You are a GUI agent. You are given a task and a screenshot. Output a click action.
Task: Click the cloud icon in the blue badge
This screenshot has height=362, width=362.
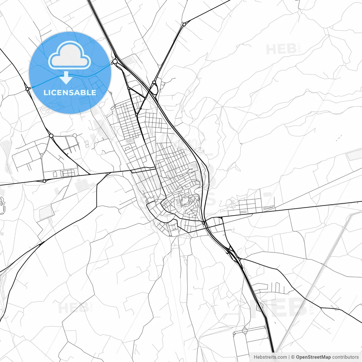[70, 55]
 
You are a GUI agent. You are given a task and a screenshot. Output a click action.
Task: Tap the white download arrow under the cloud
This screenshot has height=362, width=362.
[66, 78]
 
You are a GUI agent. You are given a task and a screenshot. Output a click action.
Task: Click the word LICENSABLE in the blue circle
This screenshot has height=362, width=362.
[70, 92]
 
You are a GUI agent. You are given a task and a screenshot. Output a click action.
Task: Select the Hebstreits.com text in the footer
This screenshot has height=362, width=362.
[270, 357]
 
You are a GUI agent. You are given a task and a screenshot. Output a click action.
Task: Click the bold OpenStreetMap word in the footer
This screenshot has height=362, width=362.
[313, 357]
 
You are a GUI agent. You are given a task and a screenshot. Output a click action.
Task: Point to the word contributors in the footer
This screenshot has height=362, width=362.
[345, 357]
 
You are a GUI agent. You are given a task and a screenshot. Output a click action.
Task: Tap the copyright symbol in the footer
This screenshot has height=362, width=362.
[293, 357]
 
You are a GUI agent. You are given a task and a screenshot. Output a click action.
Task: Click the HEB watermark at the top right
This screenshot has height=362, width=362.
[281, 49]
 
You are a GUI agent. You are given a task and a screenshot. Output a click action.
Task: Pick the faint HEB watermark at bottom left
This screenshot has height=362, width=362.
[73, 308]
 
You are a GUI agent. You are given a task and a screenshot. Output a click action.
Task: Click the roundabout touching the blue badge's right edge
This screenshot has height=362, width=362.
[115, 61]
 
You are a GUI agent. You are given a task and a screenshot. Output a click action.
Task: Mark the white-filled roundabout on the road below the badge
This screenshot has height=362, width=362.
[51, 136]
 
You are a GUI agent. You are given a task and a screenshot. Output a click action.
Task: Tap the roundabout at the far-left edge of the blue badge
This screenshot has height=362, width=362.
[27, 89]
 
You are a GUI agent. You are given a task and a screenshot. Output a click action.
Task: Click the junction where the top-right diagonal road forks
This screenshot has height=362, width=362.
[184, 24]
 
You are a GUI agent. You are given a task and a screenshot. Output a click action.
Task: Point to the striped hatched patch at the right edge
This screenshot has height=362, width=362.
[354, 155]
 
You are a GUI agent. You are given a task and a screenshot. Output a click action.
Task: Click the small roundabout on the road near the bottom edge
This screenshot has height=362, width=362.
[245, 331]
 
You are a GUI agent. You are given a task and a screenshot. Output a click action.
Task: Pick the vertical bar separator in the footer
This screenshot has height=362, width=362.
[289, 357]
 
